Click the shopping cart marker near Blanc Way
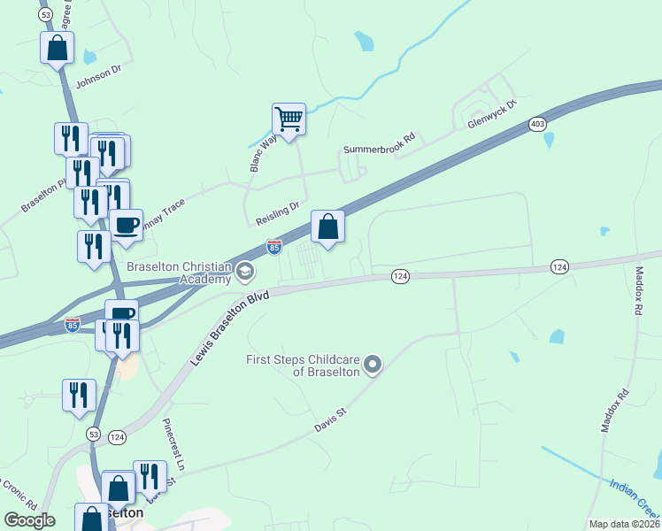pyautogui.click(x=289, y=119)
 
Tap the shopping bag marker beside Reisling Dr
pyautogui.click(x=327, y=227)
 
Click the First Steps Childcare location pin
pyautogui.click(x=373, y=364)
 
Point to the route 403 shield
pyautogui.click(x=537, y=125)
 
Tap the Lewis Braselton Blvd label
pyautogui.click(x=228, y=325)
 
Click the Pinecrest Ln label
pyautogui.click(x=173, y=444)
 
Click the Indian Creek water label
pyautogui.click(x=635, y=496)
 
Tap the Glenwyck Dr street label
pyautogui.click(x=494, y=119)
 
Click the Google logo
pyautogui.click(x=30, y=520)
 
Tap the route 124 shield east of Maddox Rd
pyautogui.click(x=559, y=266)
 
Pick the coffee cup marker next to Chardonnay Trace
pyautogui.click(x=126, y=225)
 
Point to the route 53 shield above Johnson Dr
pyautogui.click(x=45, y=14)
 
